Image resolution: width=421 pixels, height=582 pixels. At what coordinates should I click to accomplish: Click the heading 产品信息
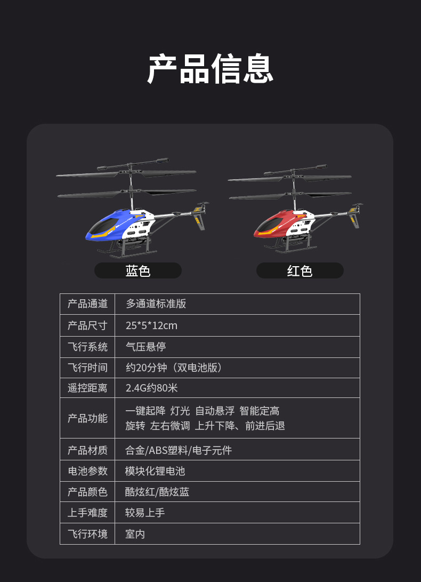[x=210, y=69]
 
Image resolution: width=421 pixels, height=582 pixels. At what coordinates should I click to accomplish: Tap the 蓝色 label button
[x=138, y=270]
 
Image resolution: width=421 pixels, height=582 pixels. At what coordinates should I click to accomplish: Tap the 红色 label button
[x=299, y=270]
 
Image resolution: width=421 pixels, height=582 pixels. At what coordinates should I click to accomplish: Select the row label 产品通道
[x=87, y=304]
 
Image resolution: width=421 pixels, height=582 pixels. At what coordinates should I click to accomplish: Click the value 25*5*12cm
[x=151, y=325]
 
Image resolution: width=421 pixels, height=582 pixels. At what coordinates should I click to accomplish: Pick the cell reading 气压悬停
[x=145, y=347]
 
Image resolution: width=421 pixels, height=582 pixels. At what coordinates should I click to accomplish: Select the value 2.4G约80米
[x=152, y=388]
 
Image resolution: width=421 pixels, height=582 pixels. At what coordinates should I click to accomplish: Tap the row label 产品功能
[x=87, y=418]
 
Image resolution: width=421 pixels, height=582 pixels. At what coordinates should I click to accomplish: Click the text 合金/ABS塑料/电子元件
[x=179, y=450]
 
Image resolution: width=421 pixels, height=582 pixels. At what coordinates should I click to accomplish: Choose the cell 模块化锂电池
[x=155, y=471]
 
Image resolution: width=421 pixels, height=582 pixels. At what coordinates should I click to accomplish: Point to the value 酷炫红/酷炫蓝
[x=157, y=492]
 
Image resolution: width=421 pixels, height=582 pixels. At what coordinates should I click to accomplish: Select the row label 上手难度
[x=87, y=513]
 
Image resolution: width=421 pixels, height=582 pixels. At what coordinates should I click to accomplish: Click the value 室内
[x=135, y=534]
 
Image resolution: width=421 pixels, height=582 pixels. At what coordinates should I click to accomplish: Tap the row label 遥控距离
[x=87, y=388]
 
